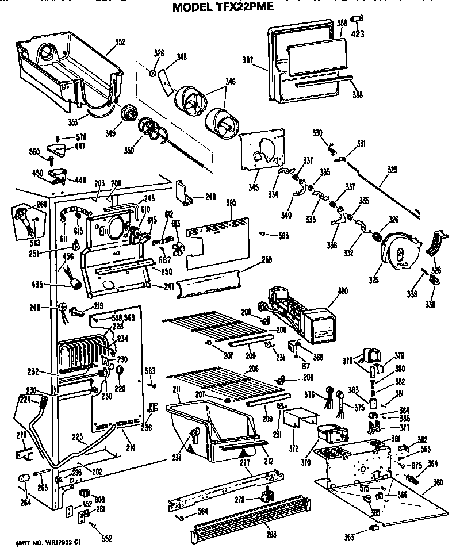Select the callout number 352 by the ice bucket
(x=120, y=41)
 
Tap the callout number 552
(x=106, y=539)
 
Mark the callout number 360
(x=438, y=481)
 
